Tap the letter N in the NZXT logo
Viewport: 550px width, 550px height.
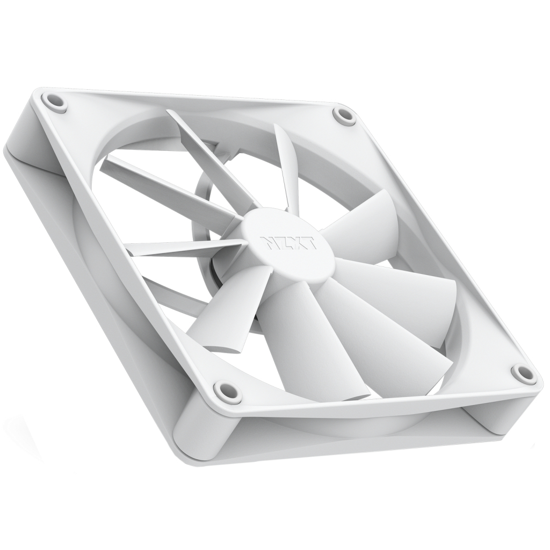[x=270, y=240]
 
